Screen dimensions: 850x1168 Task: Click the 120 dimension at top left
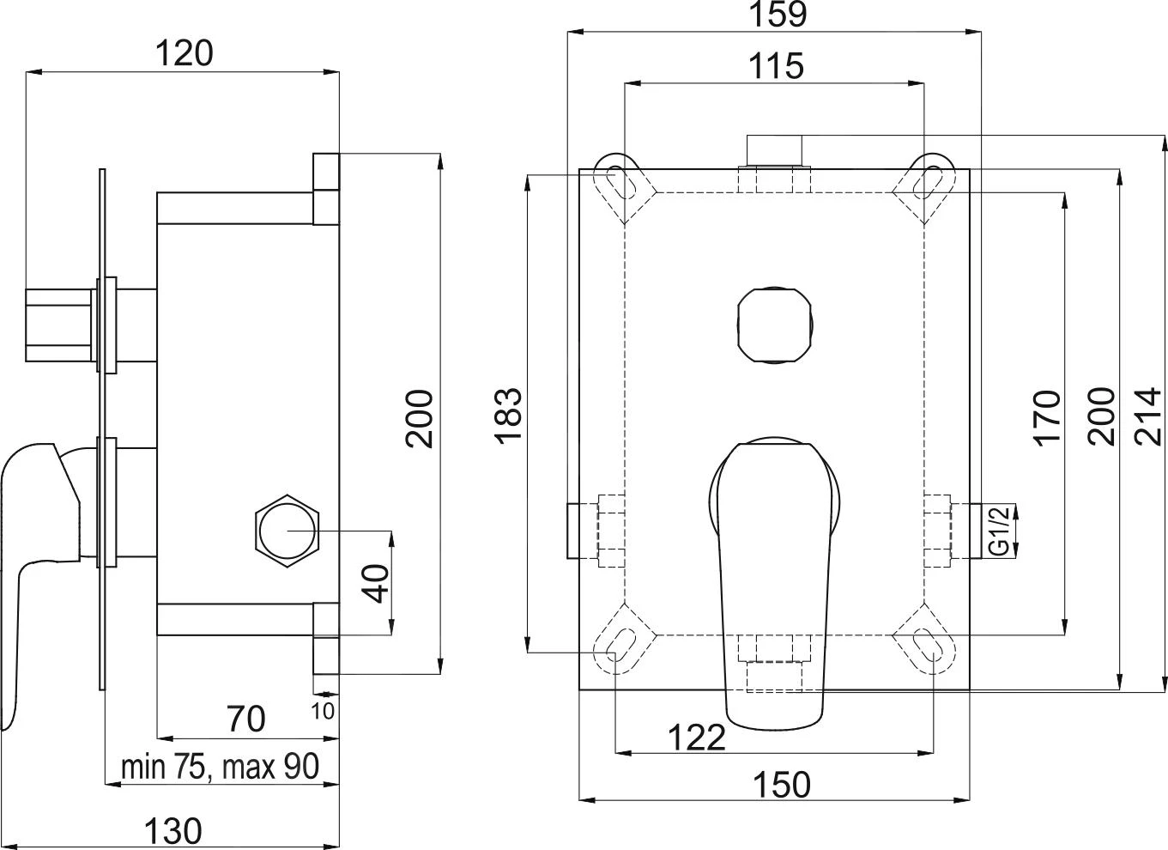click(x=183, y=54)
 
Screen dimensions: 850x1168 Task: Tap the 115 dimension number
click(x=775, y=66)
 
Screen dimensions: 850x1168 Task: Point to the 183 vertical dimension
click(x=508, y=416)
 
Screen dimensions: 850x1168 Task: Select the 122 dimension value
click(x=697, y=737)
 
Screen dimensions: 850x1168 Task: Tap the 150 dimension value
click(x=781, y=784)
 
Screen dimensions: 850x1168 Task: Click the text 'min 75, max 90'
click(x=220, y=767)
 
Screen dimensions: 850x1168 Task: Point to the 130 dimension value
click(x=172, y=831)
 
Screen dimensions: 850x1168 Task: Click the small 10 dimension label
click(x=323, y=711)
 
